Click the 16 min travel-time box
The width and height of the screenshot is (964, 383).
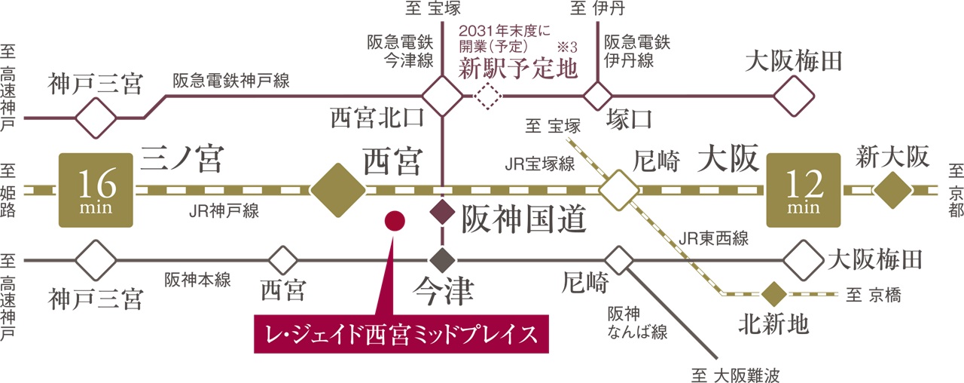(x=96, y=190)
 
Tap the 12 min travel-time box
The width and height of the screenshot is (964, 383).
(x=803, y=190)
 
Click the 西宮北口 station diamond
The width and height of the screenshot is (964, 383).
(x=442, y=97)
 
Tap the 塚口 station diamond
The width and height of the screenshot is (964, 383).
(x=599, y=97)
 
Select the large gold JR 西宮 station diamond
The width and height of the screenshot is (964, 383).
(x=337, y=190)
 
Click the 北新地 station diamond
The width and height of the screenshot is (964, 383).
(x=773, y=293)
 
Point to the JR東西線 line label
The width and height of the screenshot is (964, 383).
(x=712, y=240)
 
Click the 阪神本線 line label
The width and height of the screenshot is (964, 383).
(x=198, y=280)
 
